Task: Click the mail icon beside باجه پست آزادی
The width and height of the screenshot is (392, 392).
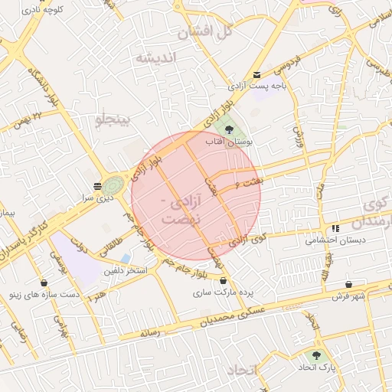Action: [x=256, y=74]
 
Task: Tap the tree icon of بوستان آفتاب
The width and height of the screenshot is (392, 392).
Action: [x=229, y=129]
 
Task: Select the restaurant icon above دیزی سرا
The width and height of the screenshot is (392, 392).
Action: [x=97, y=186]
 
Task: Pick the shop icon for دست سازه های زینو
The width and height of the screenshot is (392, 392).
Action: [x=43, y=282]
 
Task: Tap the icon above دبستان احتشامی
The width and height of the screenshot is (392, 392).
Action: [x=335, y=229]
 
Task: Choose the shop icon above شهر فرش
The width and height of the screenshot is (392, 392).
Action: [x=350, y=284]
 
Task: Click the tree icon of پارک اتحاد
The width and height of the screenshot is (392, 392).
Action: [x=315, y=355]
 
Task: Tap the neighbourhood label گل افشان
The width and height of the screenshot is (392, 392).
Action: [x=204, y=32]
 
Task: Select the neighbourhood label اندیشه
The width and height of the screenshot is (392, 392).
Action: [x=155, y=58]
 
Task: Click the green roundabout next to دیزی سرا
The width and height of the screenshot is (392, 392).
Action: [x=113, y=185]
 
